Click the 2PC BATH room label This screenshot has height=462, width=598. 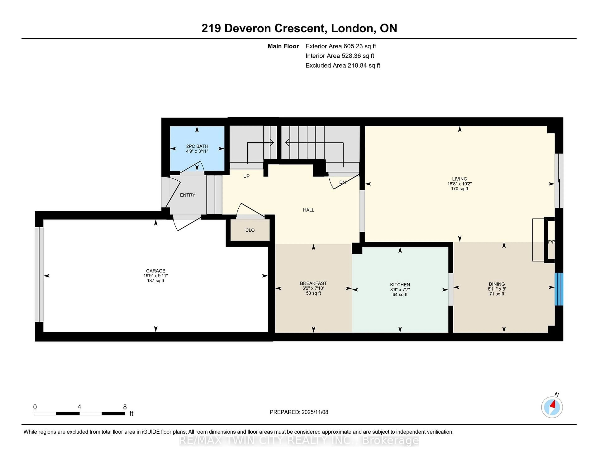(x=197, y=146)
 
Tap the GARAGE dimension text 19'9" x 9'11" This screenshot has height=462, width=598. (x=156, y=276)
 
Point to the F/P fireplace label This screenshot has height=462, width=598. (x=551, y=242)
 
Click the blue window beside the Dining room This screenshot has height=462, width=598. (x=559, y=289)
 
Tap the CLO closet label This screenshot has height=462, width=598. (x=250, y=230)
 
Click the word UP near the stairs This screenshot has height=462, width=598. (x=246, y=176)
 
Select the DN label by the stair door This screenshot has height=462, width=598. (x=342, y=182)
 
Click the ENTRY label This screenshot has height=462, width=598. (x=187, y=195)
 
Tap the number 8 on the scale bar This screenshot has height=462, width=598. (x=125, y=407)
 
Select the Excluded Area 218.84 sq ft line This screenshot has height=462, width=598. (x=343, y=65)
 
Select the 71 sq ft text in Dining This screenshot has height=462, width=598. (x=497, y=294)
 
